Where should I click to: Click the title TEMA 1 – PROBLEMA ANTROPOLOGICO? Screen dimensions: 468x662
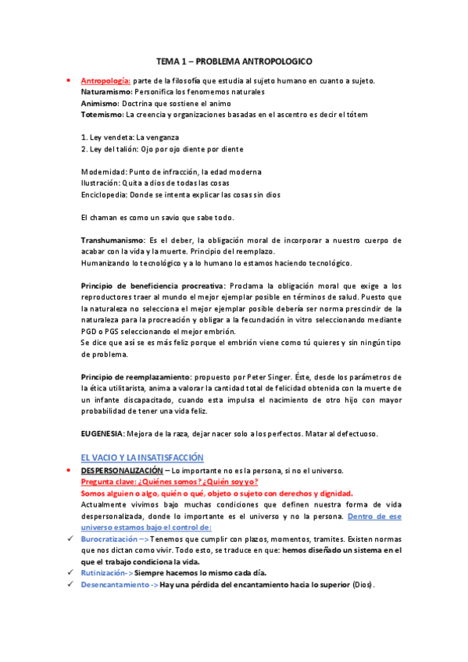coord(234,60)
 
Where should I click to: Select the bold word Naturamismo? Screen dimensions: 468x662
coord(107,92)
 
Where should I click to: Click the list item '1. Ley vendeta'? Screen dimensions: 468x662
coord(106,137)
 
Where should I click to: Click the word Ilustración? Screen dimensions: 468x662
coord(100,183)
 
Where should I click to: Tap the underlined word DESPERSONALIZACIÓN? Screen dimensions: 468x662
coord(123,470)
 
